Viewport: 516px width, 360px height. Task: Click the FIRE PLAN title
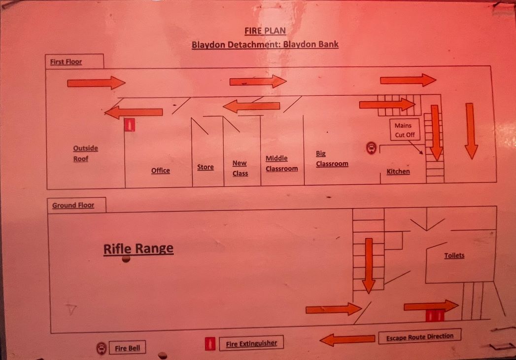pos(265,30)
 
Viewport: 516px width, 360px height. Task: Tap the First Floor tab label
pos(66,62)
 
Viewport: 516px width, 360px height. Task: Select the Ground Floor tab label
pos(73,205)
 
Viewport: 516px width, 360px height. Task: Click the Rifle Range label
pos(138,249)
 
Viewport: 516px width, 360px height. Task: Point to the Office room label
pos(160,171)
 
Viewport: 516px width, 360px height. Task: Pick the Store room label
pos(205,167)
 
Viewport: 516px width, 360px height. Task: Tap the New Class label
pos(240,168)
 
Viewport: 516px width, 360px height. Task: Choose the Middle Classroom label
pos(281,164)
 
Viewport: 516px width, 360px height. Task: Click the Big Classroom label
pos(332,159)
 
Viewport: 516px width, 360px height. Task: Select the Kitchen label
pos(398,172)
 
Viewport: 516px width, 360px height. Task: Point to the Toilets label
pos(454,255)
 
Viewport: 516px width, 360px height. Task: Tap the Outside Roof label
pos(85,153)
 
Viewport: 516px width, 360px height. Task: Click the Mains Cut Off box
pos(404,130)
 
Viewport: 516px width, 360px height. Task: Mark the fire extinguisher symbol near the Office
pos(129,125)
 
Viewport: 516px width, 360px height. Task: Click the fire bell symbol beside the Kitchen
pos(371,147)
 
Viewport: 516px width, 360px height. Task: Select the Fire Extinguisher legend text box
pos(251,343)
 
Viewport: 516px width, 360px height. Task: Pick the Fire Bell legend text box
pos(127,348)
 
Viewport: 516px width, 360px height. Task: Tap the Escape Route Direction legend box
pos(419,337)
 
